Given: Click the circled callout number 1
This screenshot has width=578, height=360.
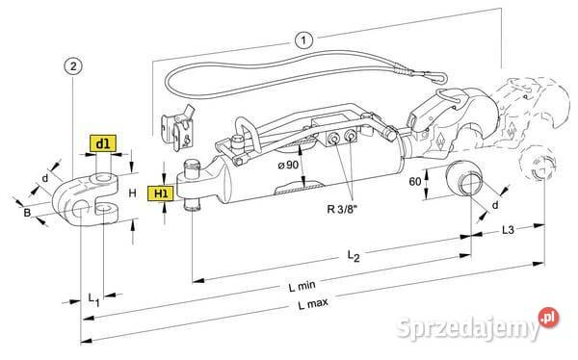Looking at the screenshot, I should [302, 40].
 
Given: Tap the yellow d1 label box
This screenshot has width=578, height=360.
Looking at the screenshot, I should [103, 144].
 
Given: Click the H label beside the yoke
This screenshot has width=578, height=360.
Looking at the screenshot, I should [131, 193].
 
